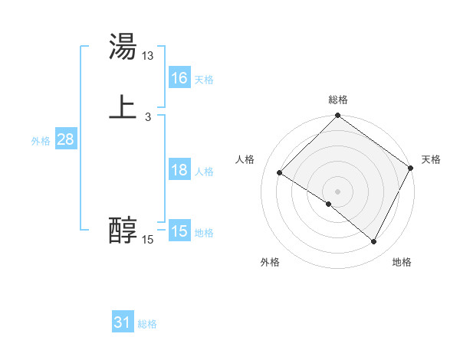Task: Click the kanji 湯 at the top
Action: [x=123, y=47]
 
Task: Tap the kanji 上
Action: [x=123, y=107]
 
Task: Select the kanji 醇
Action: [x=123, y=230]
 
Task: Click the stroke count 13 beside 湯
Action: [x=148, y=56]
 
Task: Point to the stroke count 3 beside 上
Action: [x=147, y=117]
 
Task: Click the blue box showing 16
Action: [x=179, y=78]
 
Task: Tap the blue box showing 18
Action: [x=179, y=170]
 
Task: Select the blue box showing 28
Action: [x=65, y=139]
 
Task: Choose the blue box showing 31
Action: [x=122, y=322]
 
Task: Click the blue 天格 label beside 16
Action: [x=204, y=80]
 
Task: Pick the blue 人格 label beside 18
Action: [x=204, y=172]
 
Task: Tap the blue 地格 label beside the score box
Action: [x=204, y=233]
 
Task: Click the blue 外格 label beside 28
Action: [x=41, y=141]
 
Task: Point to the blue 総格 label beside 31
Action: [x=147, y=324]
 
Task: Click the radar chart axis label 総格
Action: [x=338, y=100]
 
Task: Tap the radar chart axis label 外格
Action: [x=270, y=262]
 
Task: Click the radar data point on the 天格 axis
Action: [x=411, y=168]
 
